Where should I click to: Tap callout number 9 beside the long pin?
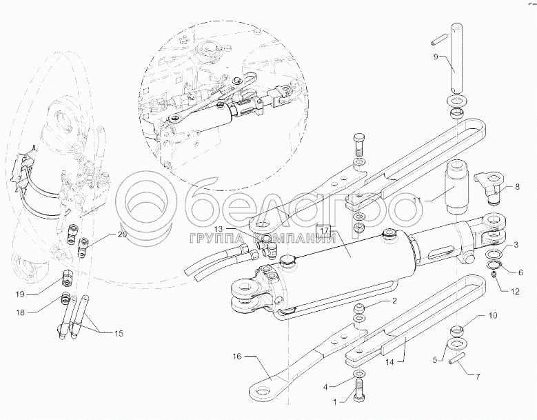(x=436, y=57)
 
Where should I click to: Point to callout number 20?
(x=122, y=234)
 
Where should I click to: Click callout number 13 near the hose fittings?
(x=219, y=228)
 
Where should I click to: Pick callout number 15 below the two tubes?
(x=119, y=333)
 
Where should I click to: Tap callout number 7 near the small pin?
(x=477, y=377)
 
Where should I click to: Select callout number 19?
(x=21, y=294)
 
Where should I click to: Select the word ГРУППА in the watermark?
(x=218, y=238)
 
